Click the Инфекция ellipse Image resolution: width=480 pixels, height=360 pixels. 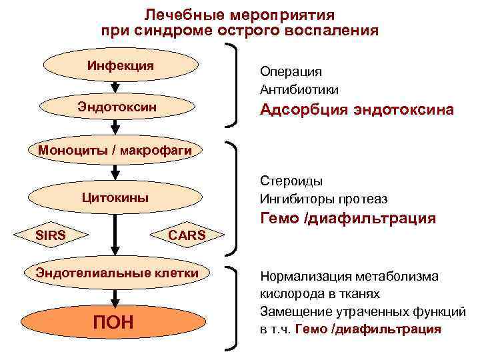tap(121, 66)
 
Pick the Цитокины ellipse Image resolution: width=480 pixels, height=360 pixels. tap(115, 198)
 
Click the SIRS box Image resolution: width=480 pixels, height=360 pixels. tap(50, 235)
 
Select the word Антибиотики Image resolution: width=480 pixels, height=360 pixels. tap(299, 89)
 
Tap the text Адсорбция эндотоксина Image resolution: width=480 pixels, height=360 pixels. tap(357, 109)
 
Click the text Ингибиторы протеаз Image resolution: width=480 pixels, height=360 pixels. tap(323, 199)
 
